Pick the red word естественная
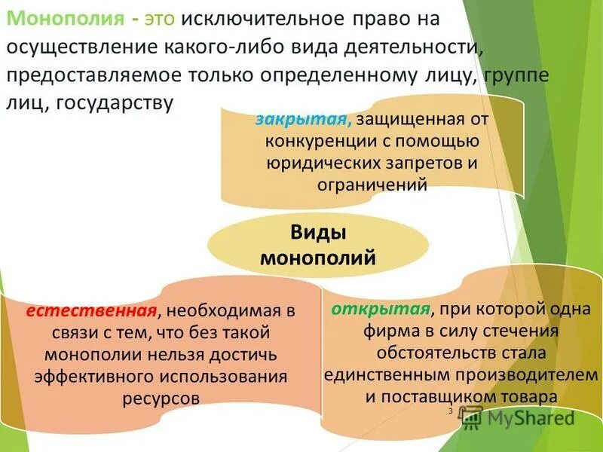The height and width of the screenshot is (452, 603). (92, 311)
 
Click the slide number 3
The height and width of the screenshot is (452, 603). (450, 411)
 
